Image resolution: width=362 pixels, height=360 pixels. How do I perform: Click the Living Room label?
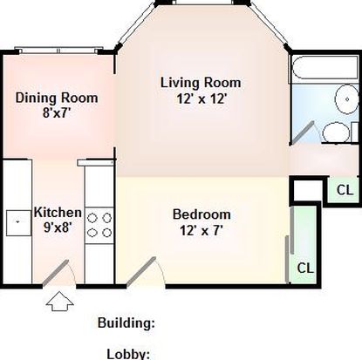click(201, 83)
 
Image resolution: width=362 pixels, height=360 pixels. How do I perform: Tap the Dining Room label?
click(57, 98)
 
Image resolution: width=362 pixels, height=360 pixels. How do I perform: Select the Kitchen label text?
click(58, 213)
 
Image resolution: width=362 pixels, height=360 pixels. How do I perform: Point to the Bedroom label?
click(201, 214)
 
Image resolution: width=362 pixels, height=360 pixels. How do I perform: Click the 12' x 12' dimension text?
click(201, 99)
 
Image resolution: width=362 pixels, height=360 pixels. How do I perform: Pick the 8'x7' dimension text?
click(57, 113)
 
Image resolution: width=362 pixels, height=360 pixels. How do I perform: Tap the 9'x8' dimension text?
click(58, 228)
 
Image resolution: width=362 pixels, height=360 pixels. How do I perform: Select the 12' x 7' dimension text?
click(201, 231)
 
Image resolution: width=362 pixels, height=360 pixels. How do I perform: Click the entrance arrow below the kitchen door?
click(59, 302)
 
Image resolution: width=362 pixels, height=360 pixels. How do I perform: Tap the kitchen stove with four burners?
click(99, 226)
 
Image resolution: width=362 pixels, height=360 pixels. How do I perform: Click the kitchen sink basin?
click(18, 223)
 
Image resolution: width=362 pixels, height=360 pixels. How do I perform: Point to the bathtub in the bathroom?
click(324, 67)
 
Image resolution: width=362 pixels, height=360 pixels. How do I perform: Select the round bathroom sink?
click(347, 99)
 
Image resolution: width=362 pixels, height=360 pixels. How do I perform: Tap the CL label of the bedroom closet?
click(305, 268)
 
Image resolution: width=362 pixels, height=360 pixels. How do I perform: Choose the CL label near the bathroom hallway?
click(345, 190)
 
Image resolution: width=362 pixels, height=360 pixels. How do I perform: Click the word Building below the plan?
click(126, 323)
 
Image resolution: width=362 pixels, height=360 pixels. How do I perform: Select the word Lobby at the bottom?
click(128, 354)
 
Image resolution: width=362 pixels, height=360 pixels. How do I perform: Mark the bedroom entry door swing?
click(146, 272)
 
